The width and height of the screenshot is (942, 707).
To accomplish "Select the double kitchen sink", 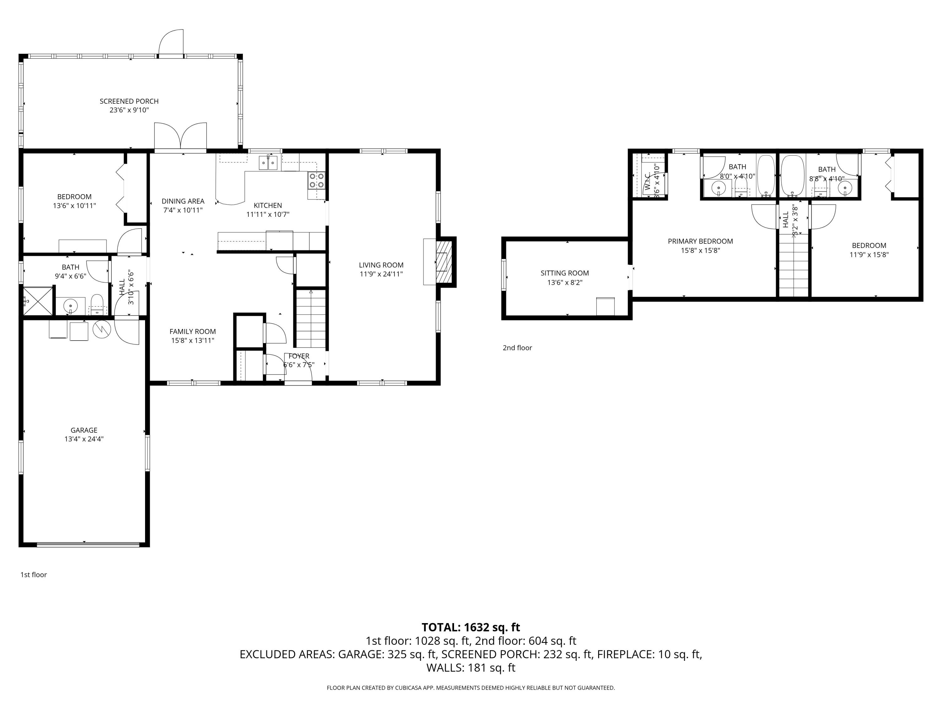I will point(268,163).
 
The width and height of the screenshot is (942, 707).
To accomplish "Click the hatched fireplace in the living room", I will point(444,262).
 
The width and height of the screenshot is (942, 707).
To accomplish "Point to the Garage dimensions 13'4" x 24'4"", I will point(84,439).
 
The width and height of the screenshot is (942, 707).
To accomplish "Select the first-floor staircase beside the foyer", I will point(311,318).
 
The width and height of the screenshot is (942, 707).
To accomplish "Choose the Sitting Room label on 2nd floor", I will point(565,273).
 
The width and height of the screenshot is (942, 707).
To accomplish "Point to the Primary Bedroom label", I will point(700,242).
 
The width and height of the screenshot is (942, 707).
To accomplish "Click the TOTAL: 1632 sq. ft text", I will point(471,627).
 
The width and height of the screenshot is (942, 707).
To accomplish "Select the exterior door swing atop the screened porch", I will point(171,43).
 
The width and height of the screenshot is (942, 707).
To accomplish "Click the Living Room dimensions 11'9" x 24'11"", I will point(381,274).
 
